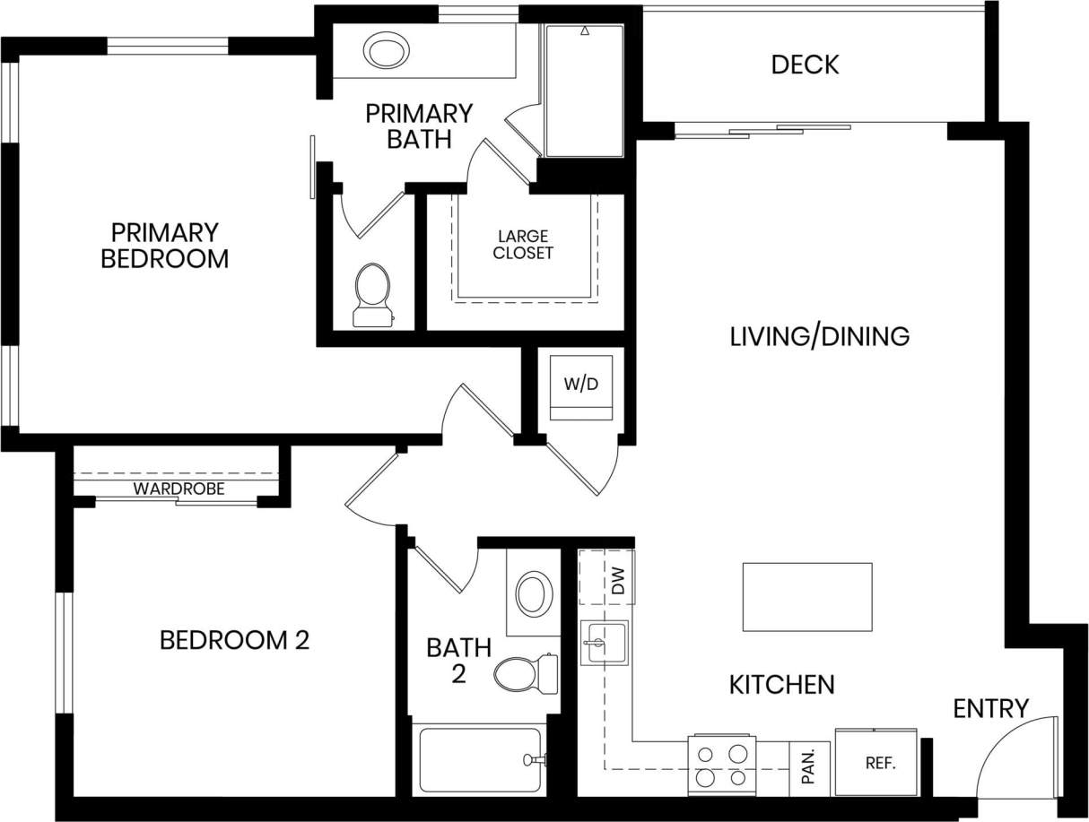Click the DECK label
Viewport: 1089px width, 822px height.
[805, 65]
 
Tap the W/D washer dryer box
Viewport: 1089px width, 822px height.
[580, 386]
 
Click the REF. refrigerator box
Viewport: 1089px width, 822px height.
[876, 762]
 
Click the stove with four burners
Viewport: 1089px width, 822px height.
[722, 765]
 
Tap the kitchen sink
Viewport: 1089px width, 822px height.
[604, 643]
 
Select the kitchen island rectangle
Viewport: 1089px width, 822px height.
[806, 596]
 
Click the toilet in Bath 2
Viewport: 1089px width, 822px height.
[523, 673]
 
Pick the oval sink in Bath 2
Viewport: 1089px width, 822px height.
[534, 593]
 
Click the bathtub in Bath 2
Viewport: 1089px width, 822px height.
[480, 760]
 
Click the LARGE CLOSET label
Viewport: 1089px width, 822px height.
[523, 245]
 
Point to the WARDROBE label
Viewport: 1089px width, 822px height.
[179, 489]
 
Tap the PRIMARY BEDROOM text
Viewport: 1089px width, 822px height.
[164, 246]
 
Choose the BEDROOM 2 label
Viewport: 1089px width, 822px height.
[234, 640]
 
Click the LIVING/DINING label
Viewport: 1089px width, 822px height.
[819, 336]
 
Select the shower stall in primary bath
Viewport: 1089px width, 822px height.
[584, 91]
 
